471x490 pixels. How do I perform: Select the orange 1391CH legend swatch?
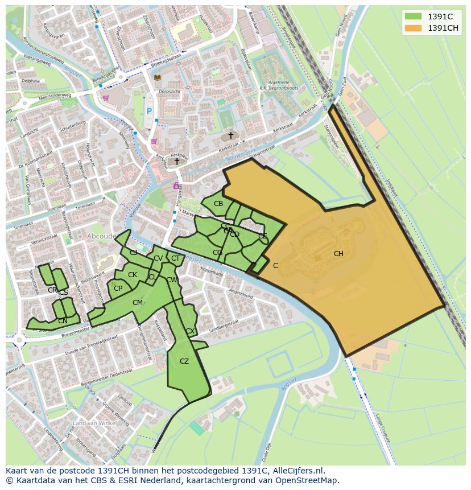414,28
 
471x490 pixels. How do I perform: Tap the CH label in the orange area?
338,254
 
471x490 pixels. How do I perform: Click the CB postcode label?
218,204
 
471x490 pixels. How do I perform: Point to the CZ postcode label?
184,361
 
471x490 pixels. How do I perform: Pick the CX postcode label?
190,331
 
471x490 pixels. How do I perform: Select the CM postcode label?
138,303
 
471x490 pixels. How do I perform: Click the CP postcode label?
118,289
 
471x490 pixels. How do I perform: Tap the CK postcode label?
133,275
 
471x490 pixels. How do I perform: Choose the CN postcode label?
63,321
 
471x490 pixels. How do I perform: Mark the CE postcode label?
263,236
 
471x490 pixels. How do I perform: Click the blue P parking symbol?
150,112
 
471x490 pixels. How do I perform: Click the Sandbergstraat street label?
224,330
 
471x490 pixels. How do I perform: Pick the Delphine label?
30,81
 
